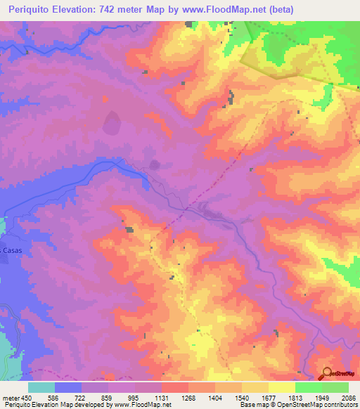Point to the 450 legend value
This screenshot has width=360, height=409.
pyautogui.click(x=28, y=396)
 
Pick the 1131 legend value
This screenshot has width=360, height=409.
pyautogui.click(x=161, y=396)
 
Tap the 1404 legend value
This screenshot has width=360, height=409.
pyautogui.click(x=214, y=396)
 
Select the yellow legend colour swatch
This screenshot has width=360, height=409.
pyautogui.click(x=281, y=387)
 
